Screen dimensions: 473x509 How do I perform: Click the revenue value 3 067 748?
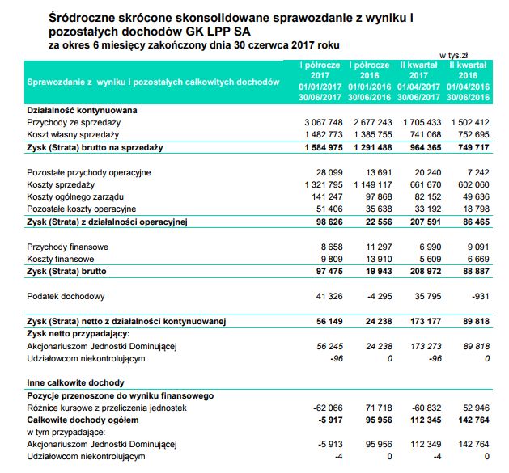(x=323, y=121)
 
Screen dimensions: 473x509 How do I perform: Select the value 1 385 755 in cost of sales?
(x=371, y=134)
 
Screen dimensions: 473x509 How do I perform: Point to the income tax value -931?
(x=479, y=297)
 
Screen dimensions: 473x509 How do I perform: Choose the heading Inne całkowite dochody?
(x=75, y=381)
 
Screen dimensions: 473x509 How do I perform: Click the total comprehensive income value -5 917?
(x=329, y=420)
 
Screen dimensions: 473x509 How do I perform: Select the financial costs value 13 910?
(x=376, y=259)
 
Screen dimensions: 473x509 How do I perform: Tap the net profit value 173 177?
(x=422, y=322)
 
